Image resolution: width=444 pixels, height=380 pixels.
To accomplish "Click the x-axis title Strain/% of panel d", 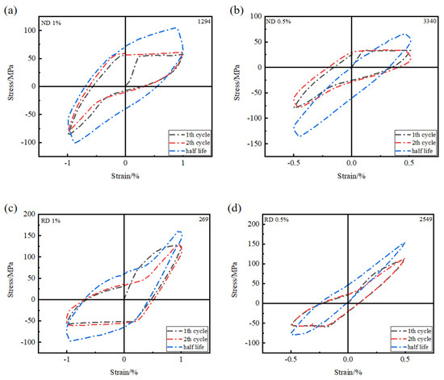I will click(x=347, y=374).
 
